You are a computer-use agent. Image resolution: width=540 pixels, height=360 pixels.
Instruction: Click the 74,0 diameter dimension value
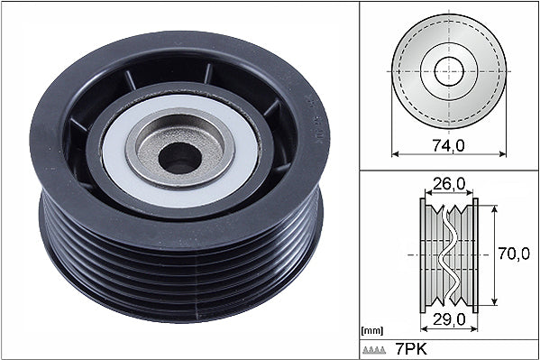[448, 146]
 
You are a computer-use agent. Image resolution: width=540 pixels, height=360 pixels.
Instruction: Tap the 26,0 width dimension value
[448, 184]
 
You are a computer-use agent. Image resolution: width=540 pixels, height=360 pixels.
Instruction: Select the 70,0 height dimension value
[514, 254]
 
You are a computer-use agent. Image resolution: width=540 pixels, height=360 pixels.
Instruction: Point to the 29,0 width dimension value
[450, 319]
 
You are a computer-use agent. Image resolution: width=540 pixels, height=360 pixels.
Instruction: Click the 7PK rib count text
[411, 350]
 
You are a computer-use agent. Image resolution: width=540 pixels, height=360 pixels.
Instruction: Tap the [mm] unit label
[372, 331]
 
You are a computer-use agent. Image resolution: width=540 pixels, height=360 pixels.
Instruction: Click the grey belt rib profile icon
[373, 350]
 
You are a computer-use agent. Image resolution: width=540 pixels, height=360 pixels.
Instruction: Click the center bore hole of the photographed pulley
[179, 158]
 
